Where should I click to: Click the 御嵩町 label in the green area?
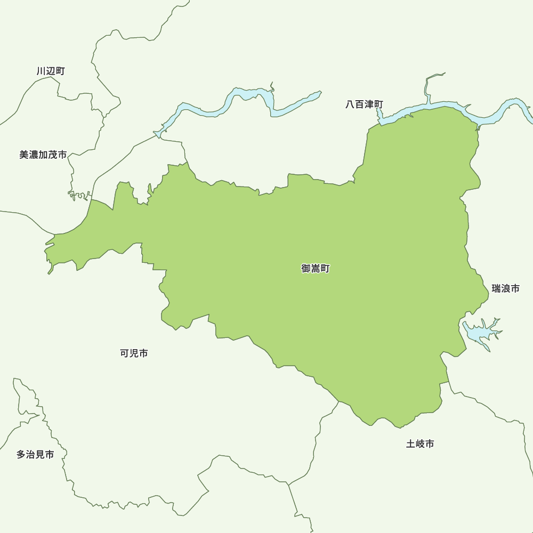coord(316,269)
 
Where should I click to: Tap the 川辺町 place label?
coord(51,71)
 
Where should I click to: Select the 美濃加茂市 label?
coord(43,155)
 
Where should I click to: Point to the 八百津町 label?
coord(364,104)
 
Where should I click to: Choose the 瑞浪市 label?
coord(505,288)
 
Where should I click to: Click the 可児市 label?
coord(134,353)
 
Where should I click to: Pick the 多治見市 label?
coord(35,455)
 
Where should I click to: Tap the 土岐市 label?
coord(420,443)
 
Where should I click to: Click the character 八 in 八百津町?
coord(350,104)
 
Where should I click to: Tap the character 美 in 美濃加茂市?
coord(24,155)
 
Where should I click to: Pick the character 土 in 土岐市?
coord(411,443)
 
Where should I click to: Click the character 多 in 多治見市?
coord(21,455)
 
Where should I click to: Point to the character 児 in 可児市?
coord(134,353)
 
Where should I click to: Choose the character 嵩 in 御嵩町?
coord(316,269)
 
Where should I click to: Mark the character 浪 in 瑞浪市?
coord(505,288)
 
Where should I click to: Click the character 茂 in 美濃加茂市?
coord(53,155)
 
